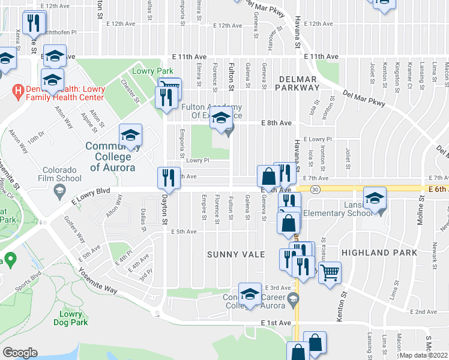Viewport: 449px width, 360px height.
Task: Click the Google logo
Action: click(20, 353)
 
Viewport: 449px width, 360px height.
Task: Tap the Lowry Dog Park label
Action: click(74, 318)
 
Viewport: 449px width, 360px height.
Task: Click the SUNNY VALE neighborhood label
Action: click(236, 254)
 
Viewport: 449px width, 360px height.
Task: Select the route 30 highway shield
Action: click(315, 189)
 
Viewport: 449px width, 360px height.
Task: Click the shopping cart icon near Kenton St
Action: click(329, 272)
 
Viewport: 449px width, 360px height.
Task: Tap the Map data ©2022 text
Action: click(423, 355)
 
